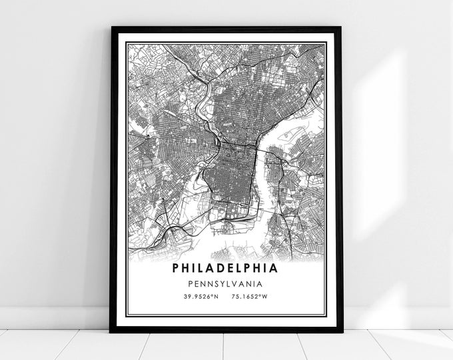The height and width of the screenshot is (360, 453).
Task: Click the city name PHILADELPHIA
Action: [x=226, y=269]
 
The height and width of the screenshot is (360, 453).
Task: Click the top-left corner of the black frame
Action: [x=111, y=28]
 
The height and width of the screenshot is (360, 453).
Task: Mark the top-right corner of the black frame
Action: [x=342, y=28]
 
